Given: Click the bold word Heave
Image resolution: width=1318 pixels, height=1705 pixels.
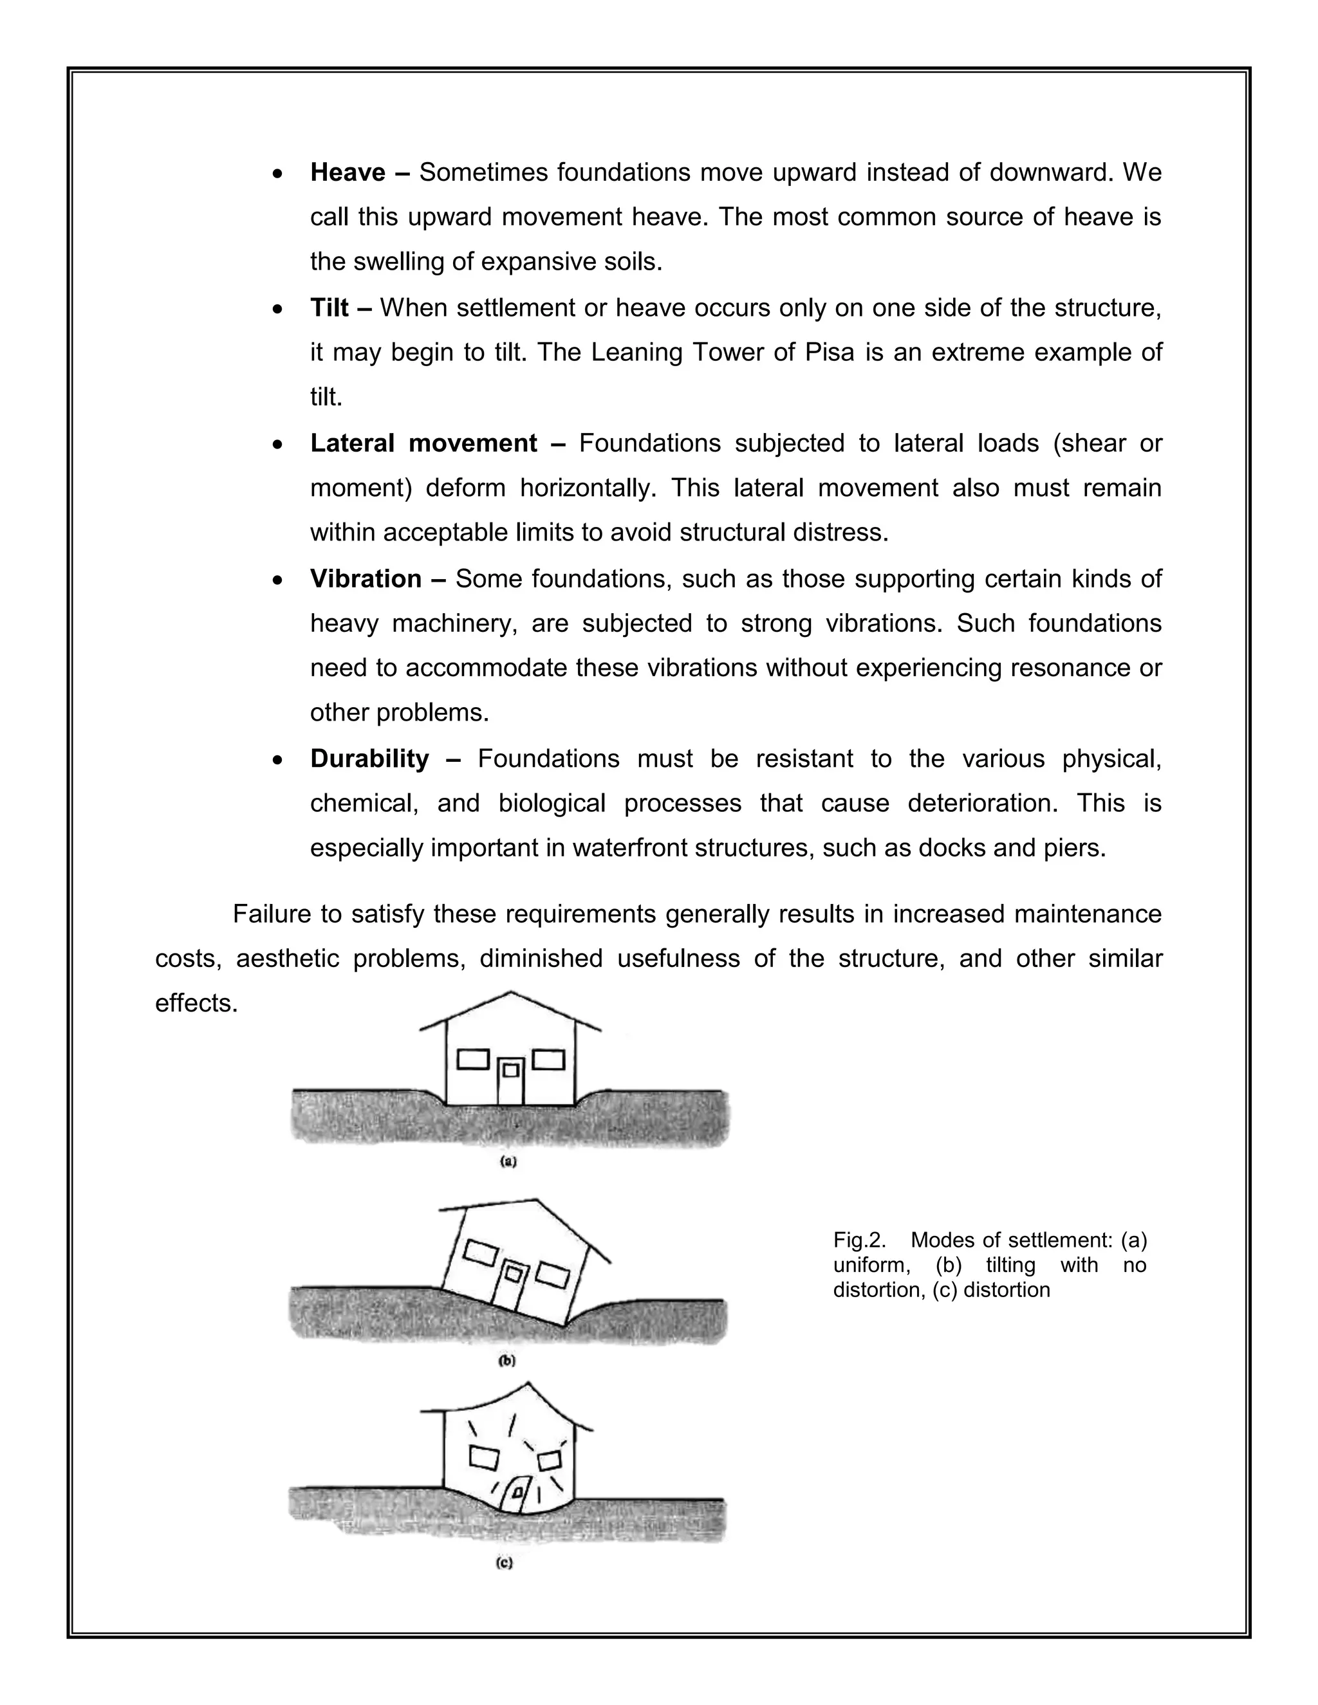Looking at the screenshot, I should [348, 172].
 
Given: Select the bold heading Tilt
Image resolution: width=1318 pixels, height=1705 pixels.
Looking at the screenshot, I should [329, 308].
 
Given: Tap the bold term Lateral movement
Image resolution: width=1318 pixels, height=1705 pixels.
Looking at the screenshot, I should [423, 443].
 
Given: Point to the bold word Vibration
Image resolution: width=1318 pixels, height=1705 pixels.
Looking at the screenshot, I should [366, 578].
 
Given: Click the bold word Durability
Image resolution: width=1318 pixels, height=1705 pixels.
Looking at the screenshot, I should [369, 758].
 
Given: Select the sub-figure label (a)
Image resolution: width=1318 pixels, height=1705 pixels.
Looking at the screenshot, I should [508, 1161].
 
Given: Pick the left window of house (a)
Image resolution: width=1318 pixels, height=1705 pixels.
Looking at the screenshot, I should [472, 1060].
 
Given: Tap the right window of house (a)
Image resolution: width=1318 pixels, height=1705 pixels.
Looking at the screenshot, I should [548, 1060].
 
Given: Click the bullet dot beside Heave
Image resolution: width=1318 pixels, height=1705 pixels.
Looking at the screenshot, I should [278, 174].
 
